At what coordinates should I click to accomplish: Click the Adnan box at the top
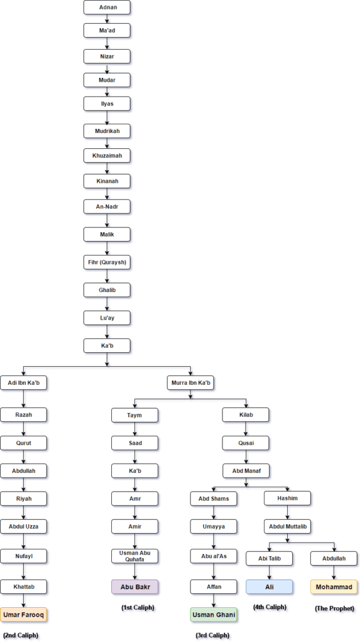(x=107, y=8)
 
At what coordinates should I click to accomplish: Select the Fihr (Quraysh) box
(x=107, y=262)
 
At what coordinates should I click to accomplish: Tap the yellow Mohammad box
(x=334, y=587)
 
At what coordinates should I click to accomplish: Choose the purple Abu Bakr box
(x=134, y=587)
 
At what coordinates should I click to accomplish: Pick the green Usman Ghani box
(x=214, y=615)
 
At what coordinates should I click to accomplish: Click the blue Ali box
(x=270, y=587)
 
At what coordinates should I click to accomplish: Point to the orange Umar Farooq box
(x=23, y=615)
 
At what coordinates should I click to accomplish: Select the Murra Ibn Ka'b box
(x=190, y=383)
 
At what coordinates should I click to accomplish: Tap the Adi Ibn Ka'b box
(x=23, y=383)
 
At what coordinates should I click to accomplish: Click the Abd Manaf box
(x=246, y=471)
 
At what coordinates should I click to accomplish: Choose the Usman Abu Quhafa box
(x=134, y=556)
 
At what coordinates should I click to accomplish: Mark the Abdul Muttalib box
(x=287, y=527)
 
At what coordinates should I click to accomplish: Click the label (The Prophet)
(x=334, y=608)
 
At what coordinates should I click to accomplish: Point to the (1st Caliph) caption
(x=138, y=607)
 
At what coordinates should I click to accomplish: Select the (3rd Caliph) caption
(x=212, y=635)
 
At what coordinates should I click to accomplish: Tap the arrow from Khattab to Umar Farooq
(x=23, y=601)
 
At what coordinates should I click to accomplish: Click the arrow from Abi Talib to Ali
(x=270, y=573)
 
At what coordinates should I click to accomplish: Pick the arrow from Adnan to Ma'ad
(x=107, y=19)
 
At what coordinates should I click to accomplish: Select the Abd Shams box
(x=214, y=499)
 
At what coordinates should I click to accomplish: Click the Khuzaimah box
(x=107, y=156)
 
